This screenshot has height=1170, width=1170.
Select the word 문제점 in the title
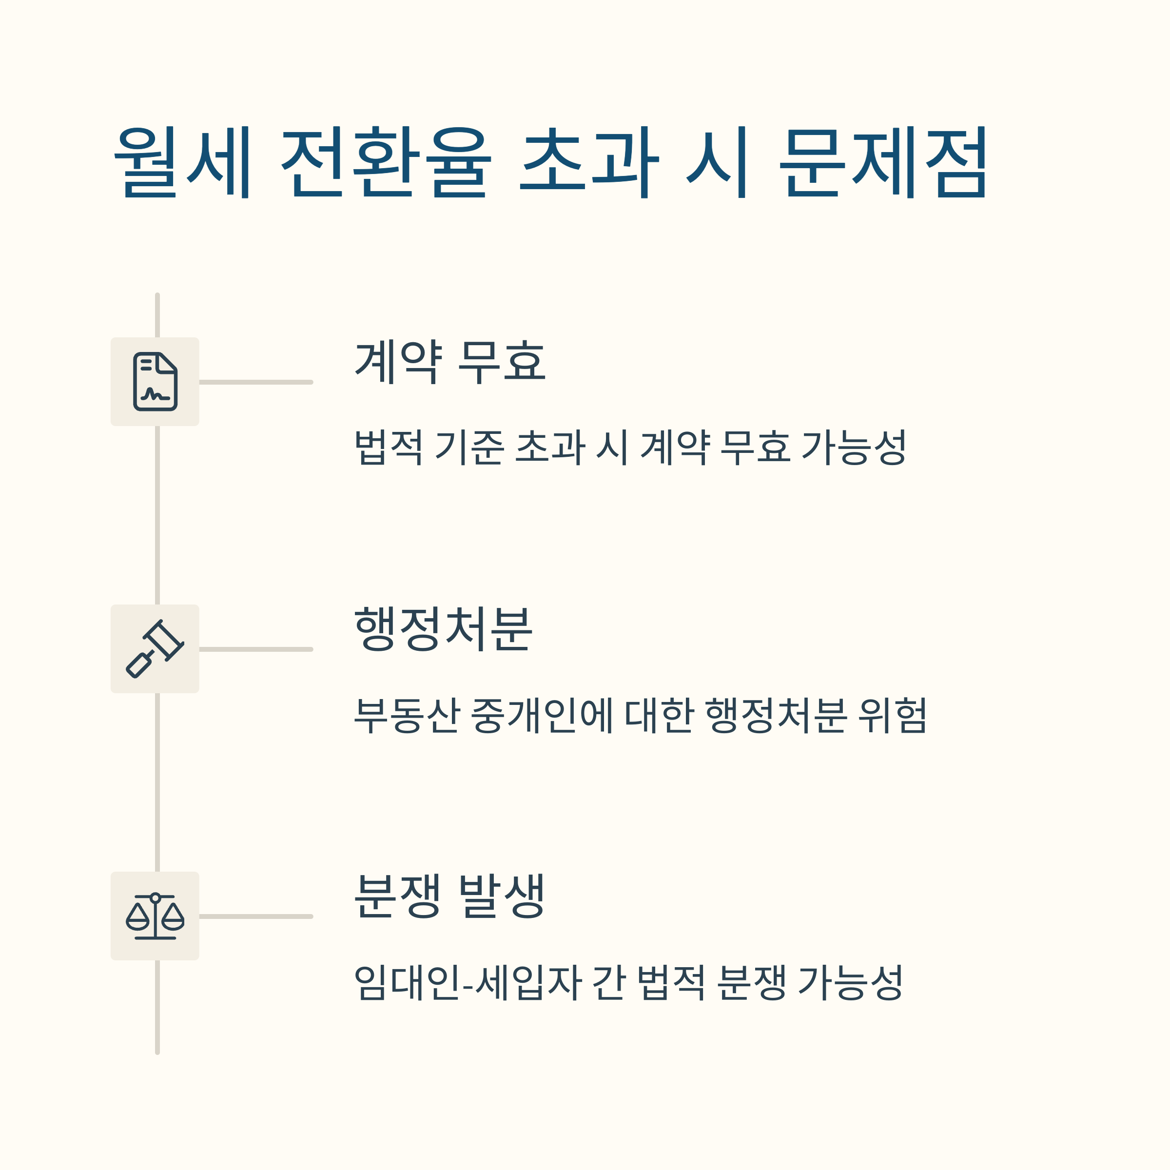(883, 162)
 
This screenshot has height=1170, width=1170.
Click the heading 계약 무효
(450, 362)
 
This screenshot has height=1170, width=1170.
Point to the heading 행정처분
(443, 629)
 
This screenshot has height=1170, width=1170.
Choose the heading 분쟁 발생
(450, 897)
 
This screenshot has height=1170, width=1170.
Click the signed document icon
(155, 382)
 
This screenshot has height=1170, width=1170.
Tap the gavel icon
(155, 648)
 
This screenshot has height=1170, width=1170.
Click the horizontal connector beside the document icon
(255, 382)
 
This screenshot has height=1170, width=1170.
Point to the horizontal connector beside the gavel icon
(255, 649)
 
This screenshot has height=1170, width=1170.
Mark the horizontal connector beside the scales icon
(255, 916)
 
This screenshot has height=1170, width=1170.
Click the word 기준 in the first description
(469, 448)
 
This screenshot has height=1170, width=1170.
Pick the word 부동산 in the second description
(407, 715)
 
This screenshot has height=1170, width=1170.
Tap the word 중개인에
(542, 715)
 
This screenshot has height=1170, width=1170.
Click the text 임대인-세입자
(468, 982)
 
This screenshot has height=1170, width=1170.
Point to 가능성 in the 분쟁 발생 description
(851, 982)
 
